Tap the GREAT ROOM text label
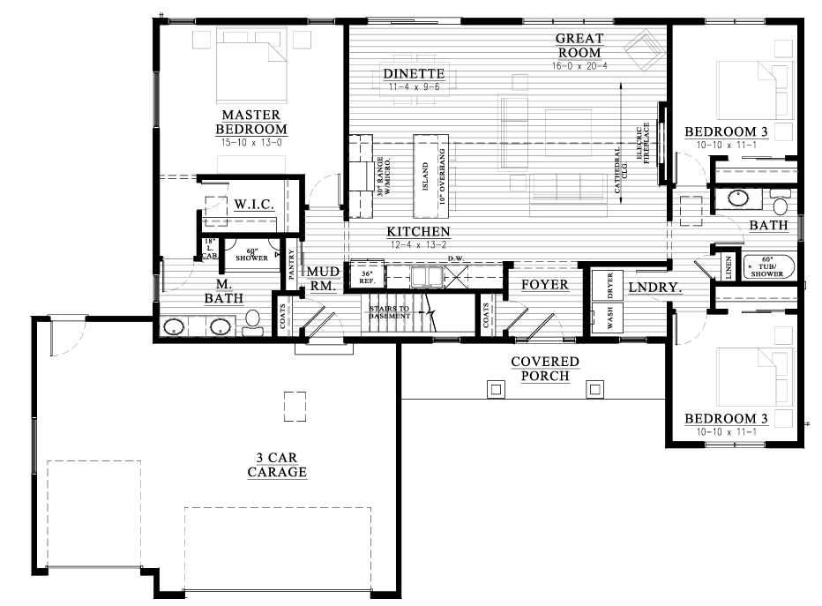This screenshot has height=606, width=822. (x=579, y=44)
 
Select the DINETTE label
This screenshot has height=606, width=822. (x=415, y=73)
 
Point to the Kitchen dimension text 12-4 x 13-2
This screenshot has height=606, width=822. (x=417, y=245)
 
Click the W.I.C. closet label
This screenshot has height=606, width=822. (x=254, y=204)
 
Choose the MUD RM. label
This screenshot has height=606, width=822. (x=318, y=279)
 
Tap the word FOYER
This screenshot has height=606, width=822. (x=544, y=285)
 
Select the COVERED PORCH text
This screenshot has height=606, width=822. (x=545, y=369)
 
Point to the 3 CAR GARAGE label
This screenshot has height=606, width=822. (x=277, y=465)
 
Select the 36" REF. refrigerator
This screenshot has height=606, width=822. (x=366, y=276)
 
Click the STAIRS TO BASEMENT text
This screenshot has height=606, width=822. (x=390, y=311)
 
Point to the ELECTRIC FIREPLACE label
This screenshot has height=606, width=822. (x=645, y=141)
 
